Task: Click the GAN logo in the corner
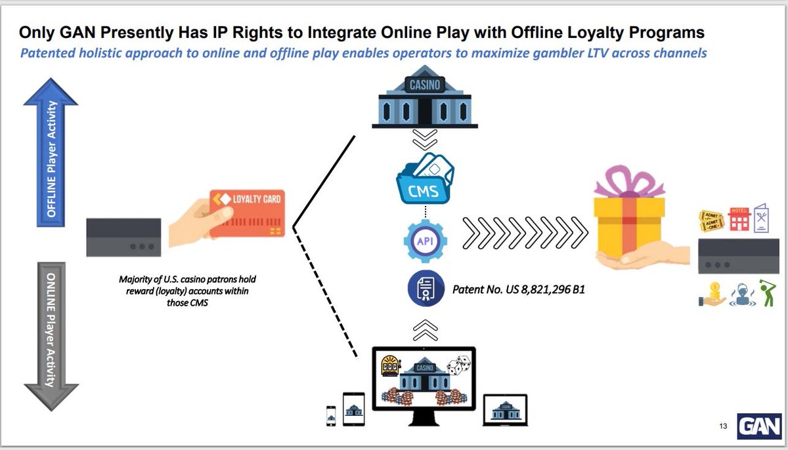pyautogui.click(x=758, y=427)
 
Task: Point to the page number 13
pyautogui.click(x=723, y=428)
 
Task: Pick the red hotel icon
pyautogui.click(x=739, y=218)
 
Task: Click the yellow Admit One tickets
pyautogui.click(x=711, y=220)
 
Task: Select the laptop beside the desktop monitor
pyautogui.click(x=505, y=409)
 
